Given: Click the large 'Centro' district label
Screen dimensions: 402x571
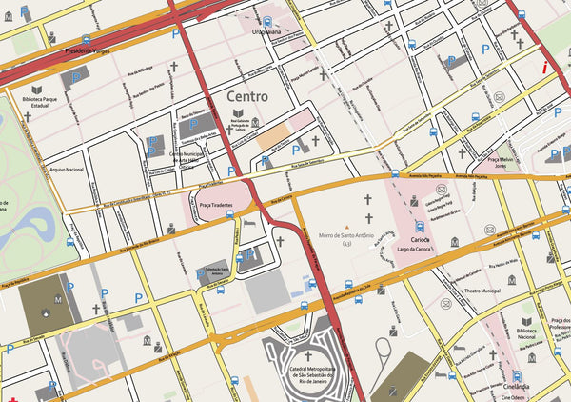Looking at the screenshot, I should (x=246, y=97).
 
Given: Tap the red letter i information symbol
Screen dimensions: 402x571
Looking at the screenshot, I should (x=543, y=68).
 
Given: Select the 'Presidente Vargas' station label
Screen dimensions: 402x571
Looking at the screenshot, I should (x=87, y=52).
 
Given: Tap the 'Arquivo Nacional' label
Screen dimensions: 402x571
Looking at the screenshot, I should (x=67, y=169).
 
